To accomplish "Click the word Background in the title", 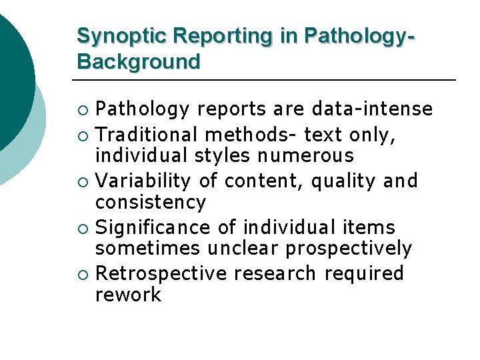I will coord(138,62).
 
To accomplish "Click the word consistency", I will coord(151,202).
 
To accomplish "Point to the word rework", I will coord(128,295).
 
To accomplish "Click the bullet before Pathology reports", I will coord(83,109).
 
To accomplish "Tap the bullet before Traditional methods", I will coord(83,136).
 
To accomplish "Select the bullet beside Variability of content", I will coord(83,181).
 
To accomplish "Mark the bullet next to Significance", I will coord(83,228).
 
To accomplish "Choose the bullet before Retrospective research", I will coord(83,274).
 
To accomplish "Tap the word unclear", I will coord(243,249).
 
